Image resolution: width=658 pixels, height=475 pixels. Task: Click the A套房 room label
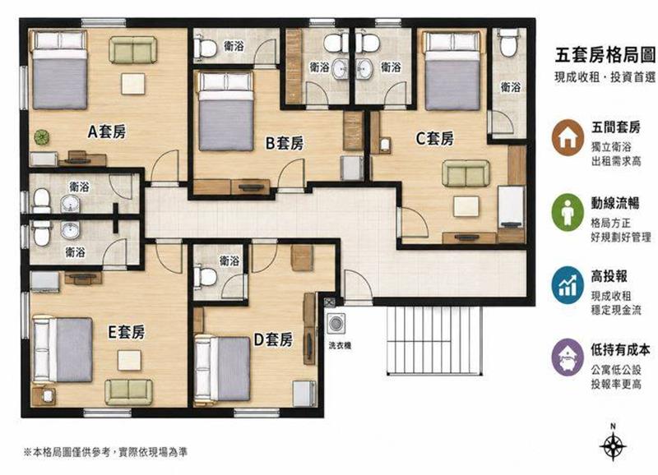[107, 132]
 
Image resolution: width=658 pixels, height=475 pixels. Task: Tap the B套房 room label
[285, 143]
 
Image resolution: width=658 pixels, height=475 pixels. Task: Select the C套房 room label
[435, 138]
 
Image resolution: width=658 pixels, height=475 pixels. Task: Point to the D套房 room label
[273, 339]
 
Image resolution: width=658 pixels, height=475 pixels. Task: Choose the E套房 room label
[127, 332]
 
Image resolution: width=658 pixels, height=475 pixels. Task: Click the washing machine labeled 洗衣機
[336, 324]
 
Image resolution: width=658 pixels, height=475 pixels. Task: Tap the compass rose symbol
[613, 445]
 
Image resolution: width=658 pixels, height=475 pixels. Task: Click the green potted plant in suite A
[42, 136]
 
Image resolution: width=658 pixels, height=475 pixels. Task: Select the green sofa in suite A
[133, 50]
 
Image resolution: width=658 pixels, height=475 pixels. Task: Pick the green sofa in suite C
[466, 173]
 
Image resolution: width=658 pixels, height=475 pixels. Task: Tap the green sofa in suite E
[129, 393]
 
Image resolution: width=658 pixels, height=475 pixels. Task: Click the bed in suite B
[225, 112]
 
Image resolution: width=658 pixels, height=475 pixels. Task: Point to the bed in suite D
[222, 370]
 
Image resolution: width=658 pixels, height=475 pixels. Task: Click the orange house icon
[568, 137]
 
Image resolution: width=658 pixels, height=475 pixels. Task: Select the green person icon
[568, 212]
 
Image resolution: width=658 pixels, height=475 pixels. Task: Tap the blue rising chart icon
[568, 285]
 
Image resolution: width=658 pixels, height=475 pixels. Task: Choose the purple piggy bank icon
[568, 357]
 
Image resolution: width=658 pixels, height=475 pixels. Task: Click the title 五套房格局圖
[605, 55]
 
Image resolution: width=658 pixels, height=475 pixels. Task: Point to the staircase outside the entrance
[434, 340]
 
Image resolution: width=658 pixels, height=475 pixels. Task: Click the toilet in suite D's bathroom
[205, 276]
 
